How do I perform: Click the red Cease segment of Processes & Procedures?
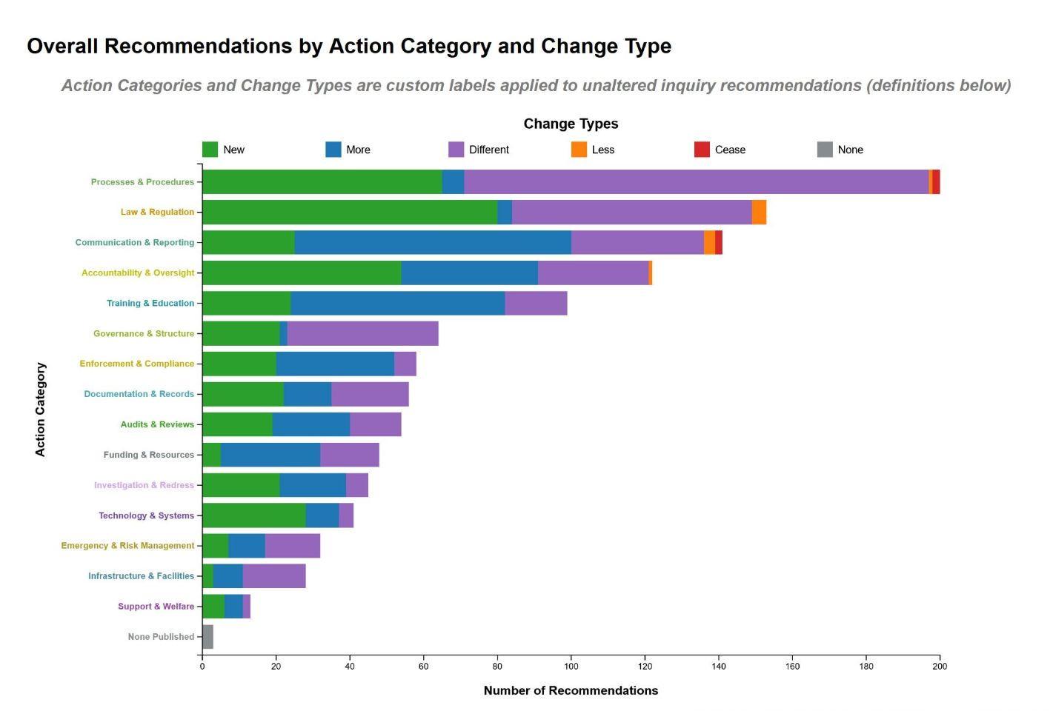pos(936,181)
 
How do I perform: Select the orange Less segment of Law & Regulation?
pos(759,212)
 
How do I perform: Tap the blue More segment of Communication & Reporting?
pos(433,242)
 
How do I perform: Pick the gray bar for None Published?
pos(207,637)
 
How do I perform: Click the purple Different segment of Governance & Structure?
pos(362,333)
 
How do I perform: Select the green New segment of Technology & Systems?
pos(253,515)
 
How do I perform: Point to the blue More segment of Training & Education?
pos(398,303)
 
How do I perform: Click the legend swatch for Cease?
pos(702,150)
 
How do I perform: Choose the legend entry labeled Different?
pos(488,150)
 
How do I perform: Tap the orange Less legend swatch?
pos(579,150)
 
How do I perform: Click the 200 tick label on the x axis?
pos(940,666)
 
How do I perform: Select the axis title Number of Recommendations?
pos(571,690)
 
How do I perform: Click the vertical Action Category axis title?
pos(40,409)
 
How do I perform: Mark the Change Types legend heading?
pos(571,124)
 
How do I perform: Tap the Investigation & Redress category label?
pos(144,485)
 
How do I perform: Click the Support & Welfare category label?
pos(156,607)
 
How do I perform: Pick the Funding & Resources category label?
pos(148,455)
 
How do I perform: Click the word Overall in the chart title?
pos(62,46)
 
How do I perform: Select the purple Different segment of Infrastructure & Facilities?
pos(274,576)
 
